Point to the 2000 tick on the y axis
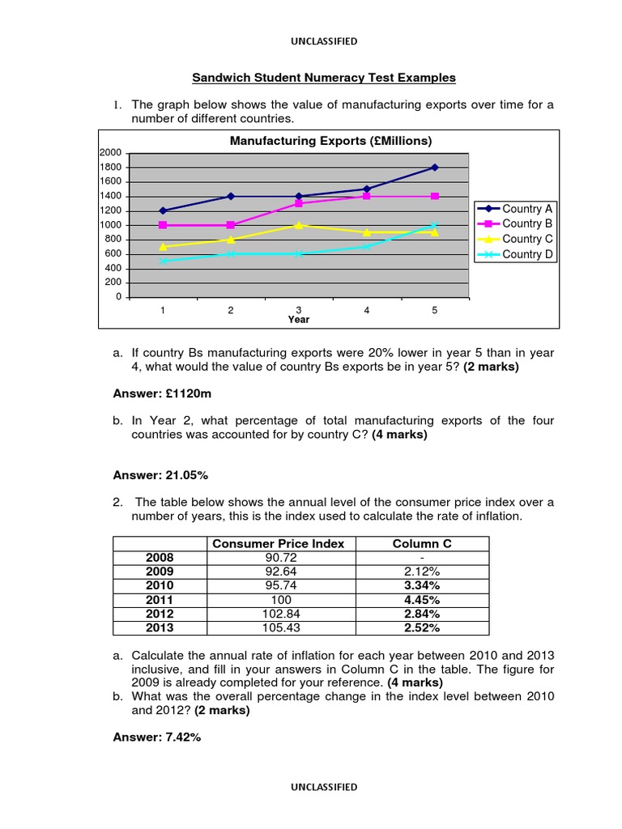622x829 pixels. (110, 153)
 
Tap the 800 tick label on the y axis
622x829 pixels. (113, 240)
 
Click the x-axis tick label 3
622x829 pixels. (299, 310)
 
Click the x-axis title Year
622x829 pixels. (299, 320)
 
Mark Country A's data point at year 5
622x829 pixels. (435, 168)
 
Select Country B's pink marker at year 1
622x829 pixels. (163, 225)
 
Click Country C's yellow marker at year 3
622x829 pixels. (299, 225)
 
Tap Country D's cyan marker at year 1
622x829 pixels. (163, 261)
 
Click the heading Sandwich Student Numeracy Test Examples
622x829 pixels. (323, 78)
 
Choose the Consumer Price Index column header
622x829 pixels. (278, 544)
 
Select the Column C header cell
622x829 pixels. (422, 544)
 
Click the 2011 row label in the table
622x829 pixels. (160, 600)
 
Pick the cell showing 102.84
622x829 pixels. (278, 614)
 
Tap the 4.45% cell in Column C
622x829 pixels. (422, 600)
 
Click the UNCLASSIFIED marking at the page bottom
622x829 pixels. (323, 786)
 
